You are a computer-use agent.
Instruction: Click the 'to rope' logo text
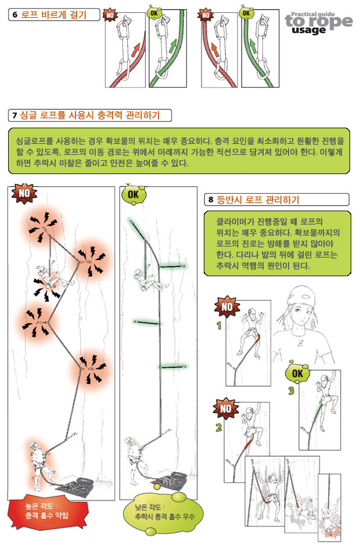[x=319, y=21]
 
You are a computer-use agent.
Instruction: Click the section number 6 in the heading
[x=15, y=15]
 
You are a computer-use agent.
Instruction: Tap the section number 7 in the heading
[x=15, y=115]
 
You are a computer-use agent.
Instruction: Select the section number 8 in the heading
[x=211, y=200]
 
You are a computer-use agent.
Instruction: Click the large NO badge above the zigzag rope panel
[x=24, y=193]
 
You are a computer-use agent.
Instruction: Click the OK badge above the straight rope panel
[x=133, y=194]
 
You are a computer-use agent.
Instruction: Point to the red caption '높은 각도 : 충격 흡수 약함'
[x=47, y=511]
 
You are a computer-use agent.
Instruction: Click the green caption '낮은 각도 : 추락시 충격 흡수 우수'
[x=164, y=512]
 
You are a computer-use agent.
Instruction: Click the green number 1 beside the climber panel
[x=219, y=326]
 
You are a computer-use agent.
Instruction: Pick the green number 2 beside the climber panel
[x=219, y=427]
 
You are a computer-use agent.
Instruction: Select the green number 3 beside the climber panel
[x=291, y=390]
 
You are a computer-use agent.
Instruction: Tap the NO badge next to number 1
[x=227, y=306]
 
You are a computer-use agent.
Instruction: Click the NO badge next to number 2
[x=226, y=408]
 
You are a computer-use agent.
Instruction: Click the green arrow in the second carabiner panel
[x=173, y=46]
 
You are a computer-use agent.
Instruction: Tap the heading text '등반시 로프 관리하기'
[x=258, y=200]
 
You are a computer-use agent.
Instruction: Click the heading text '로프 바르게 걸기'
[x=53, y=15]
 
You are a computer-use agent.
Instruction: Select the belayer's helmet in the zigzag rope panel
[x=34, y=446]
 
